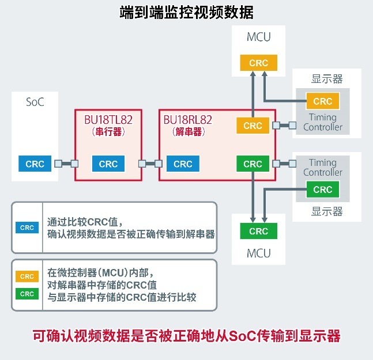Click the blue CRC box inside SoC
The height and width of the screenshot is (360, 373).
pos(35,164)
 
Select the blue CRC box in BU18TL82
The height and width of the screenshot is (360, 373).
pos(108,164)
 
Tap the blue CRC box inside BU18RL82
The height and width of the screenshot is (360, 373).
pos(183,164)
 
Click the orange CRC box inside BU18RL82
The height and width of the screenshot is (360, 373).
pos(253,125)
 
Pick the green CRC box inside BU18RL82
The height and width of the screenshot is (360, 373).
pos(253,164)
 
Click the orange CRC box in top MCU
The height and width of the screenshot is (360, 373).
pos(259,63)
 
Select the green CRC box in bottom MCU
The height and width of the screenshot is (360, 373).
pos(259,231)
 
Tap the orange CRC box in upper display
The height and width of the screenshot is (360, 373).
pos(323,101)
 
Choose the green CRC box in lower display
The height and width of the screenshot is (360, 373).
pos(323,189)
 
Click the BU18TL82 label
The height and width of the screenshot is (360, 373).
pos(108,120)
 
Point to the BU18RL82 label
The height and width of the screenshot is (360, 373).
pos(188,120)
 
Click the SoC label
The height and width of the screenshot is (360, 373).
pos(35,102)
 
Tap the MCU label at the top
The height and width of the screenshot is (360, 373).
pos(259,37)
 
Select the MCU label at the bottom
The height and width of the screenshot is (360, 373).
pos(259,253)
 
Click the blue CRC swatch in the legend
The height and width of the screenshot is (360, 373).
pos(27,228)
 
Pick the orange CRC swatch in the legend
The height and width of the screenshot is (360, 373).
pos(27,276)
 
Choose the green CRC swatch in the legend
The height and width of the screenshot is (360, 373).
pos(27,294)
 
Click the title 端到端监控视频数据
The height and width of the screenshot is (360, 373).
pos(187,12)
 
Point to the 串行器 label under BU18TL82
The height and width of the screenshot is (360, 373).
pos(108,132)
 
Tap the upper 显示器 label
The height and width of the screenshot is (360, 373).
pos(327,79)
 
